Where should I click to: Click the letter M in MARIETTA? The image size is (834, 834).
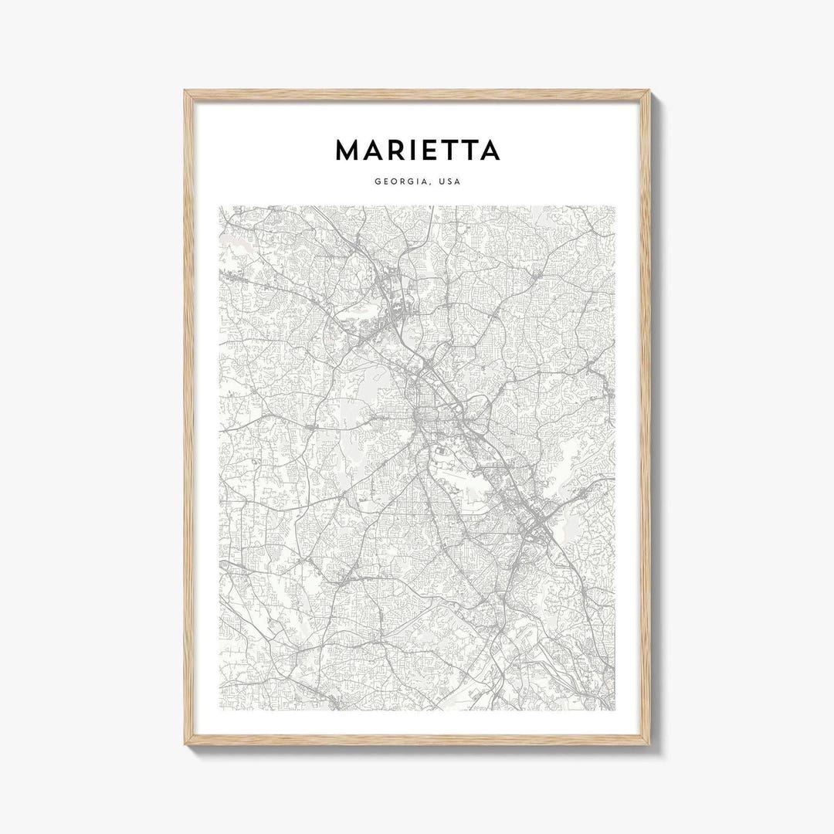pos(349,151)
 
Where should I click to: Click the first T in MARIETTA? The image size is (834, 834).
pos(457,151)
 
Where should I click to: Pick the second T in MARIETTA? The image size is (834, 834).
pos(479,151)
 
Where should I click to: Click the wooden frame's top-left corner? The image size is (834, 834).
pos(186,92)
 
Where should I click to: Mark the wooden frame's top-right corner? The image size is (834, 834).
pos(649,92)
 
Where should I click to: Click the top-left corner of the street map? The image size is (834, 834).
pos(219,206)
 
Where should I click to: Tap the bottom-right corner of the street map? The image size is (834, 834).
pos(615,710)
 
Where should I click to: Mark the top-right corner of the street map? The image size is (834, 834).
pos(615,206)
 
